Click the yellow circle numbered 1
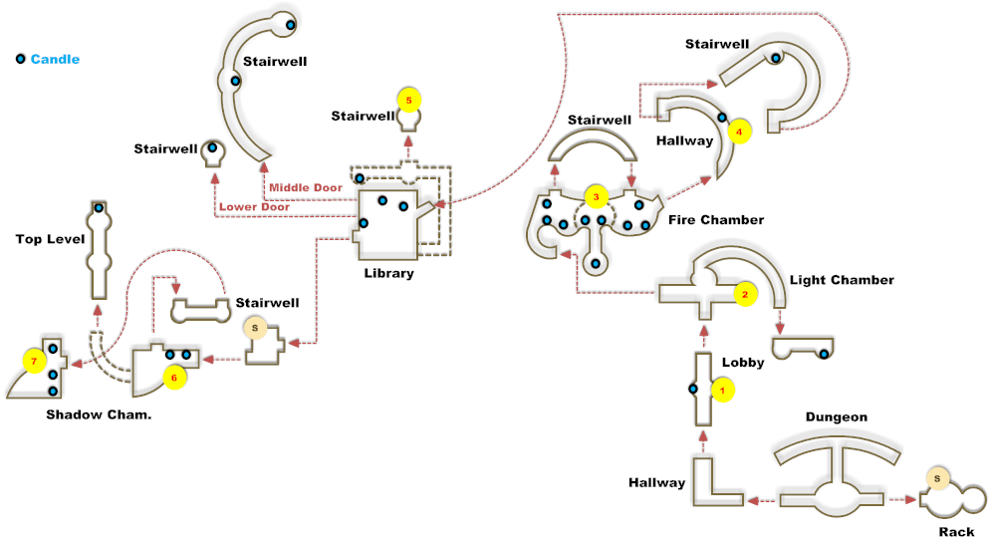pos(723,391)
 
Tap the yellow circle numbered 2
pos(743,294)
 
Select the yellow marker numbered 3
pos(596,196)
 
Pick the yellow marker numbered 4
pos(738,130)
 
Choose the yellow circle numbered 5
pos(408,100)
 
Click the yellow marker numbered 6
pos(173,377)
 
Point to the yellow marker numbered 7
pos(34,359)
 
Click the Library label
pos(388,273)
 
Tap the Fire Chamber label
pos(716,220)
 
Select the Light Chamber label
pos(842,280)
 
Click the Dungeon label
pos(837,417)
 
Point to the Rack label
pos(956,532)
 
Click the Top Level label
pos(50,239)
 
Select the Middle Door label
pos(306,187)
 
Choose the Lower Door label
pos(254,207)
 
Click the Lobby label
pos(744,363)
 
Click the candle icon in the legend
pos(20,59)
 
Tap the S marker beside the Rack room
pos(936,478)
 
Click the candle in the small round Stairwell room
pos(211,148)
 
